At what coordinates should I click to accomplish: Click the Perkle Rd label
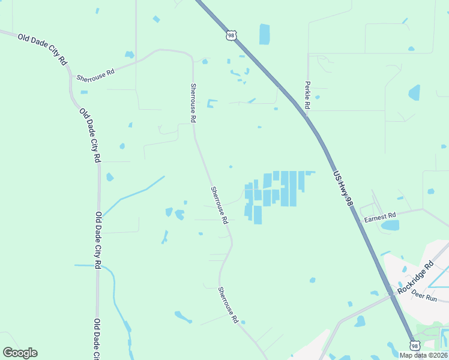click(x=307, y=95)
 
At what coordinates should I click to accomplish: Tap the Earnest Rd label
click(x=380, y=217)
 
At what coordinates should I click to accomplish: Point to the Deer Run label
click(x=424, y=297)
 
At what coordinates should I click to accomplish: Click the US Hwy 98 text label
click(x=342, y=188)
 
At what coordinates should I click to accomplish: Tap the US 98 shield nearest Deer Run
click(x=414, y=346)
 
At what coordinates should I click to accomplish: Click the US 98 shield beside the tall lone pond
click(x=231, y=35)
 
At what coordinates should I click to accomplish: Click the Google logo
click(x=20, y=353)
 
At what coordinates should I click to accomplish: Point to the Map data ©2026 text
click(x=424, y=355)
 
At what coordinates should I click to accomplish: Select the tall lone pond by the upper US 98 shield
click(x=264, y=34)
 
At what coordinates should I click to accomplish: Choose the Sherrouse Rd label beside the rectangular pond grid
click(x=219, y=205)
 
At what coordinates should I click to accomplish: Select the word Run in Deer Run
click(x=431, y=298)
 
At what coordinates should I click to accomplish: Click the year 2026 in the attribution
click(x=440, y=355)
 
